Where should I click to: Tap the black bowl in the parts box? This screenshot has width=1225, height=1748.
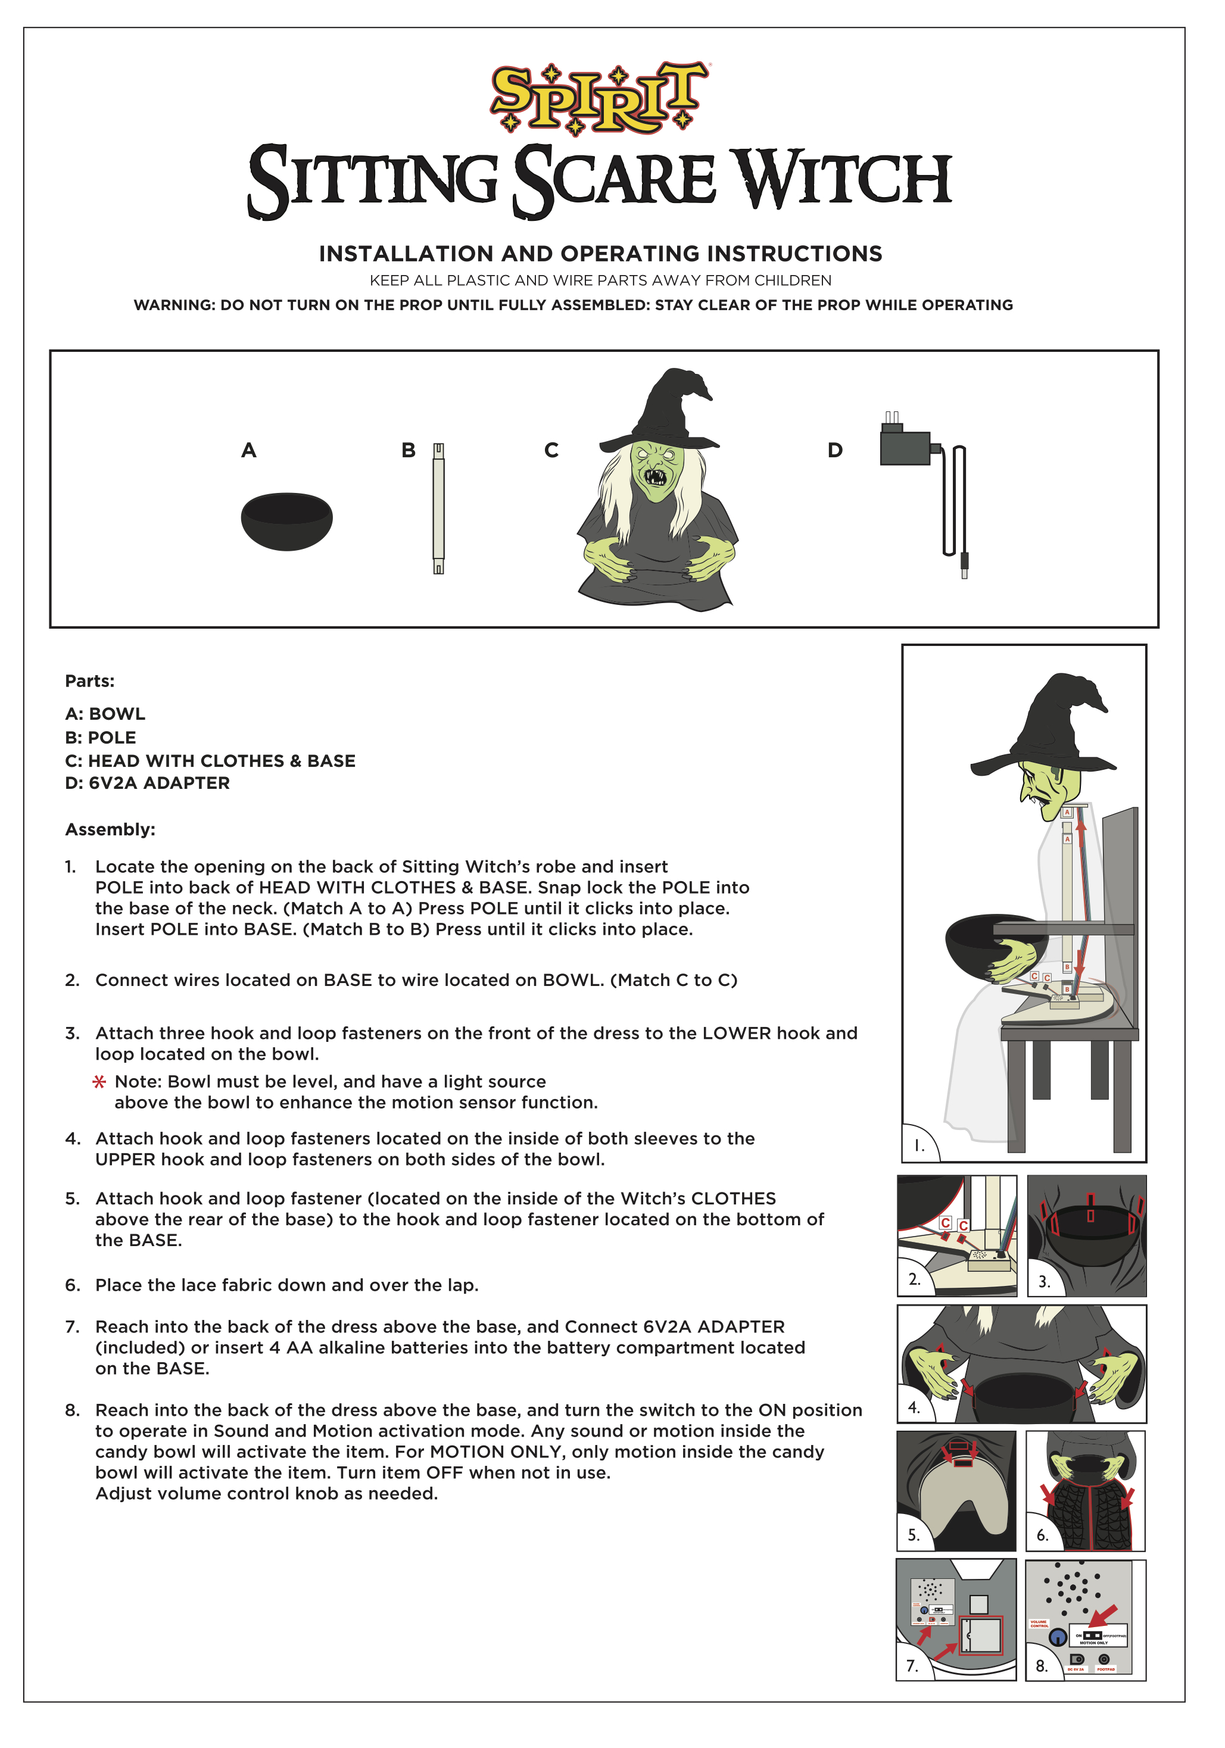point(286,521)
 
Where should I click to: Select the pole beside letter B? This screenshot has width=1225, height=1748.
point(438,508)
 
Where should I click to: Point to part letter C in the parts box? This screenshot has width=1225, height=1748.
point(551,451)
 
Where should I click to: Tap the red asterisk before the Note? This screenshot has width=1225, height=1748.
point(99,1082)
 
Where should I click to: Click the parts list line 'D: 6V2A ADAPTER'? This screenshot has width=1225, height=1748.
point(147,784)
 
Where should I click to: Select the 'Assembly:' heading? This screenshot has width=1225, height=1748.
point(110,830)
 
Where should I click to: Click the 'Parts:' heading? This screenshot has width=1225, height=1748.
point(89,681)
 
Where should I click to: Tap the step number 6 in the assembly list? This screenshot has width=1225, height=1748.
point(71,1286)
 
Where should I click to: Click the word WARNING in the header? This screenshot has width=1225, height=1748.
point(173,305)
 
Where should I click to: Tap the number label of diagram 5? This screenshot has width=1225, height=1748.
point(914,1535)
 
